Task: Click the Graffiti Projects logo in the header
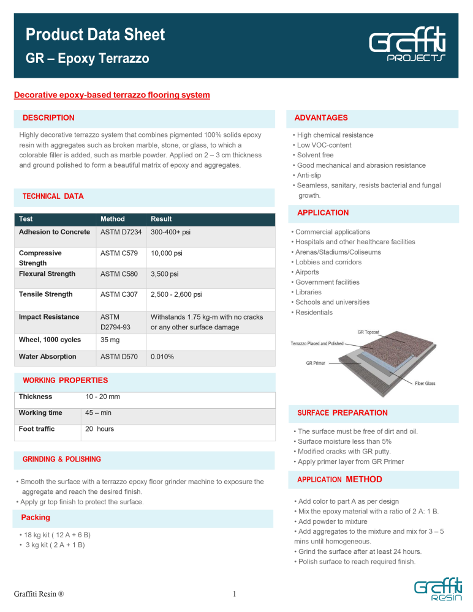pos(407,48)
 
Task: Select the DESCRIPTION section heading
pos(48,118)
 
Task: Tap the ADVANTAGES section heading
pos(320,118)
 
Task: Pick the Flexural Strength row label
pos(47,274)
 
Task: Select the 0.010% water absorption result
pos(163,357)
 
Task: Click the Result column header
pos(161,219)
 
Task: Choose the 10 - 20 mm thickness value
pos(102,397)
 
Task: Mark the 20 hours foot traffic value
pos(99,429)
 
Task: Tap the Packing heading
pos(36,518)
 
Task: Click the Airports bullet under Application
pos(307,272)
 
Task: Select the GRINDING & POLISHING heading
pos(62,459)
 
